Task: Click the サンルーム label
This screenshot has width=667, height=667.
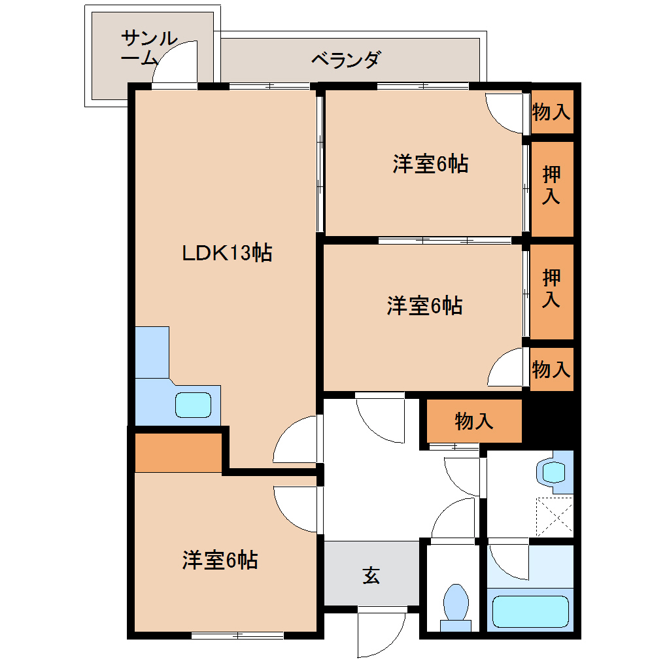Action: pos(149,48)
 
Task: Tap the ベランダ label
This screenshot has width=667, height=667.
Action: pos(345,60)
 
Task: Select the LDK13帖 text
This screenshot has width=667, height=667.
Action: pos(226,252)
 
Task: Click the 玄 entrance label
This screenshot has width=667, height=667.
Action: pos(371,575)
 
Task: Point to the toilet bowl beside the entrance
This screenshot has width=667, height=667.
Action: pos(456,602)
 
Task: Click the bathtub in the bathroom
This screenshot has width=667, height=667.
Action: pos(530,611)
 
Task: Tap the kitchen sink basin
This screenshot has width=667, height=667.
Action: pos(193,405)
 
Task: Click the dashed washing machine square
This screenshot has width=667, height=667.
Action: pos(554,516)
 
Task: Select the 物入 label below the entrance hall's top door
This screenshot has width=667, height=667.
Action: pos(474,421)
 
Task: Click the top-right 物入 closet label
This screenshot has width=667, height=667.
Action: pos(551,112)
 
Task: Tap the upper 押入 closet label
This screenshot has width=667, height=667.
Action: pos(551,186)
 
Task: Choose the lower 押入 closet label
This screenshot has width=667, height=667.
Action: pos(551,289)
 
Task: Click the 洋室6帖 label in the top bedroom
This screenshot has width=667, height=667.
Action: pos(430,163)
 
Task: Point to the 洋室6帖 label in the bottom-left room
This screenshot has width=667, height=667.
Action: pos(220,560)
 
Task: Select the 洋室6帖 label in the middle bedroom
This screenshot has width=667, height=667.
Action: pos(425,305)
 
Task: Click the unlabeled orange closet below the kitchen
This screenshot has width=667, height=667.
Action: pos(179,452)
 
